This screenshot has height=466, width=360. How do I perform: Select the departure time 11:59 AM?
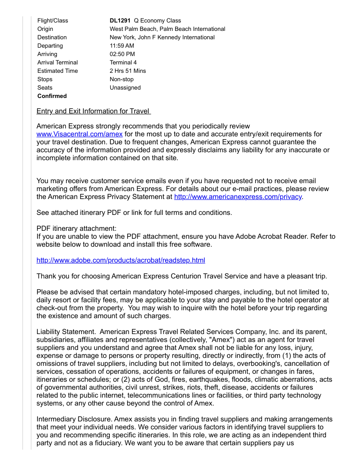coord(122,45)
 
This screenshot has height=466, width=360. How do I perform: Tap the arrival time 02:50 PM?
coord(122,54)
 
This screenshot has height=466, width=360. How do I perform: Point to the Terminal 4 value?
coord(123,62)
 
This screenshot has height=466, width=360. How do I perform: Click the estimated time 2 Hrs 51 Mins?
coord(127,71)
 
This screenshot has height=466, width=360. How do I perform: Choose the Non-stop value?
coord(121,79)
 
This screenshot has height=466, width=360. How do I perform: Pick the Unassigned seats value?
coord(125,87)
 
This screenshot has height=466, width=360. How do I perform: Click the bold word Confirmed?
coord(52,96)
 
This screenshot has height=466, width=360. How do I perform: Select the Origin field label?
coord(45,29)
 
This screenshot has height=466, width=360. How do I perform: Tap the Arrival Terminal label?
coord(57,62)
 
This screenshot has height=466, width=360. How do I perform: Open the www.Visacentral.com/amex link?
coord(79,134)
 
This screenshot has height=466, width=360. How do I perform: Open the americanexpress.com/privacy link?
coord(238,197)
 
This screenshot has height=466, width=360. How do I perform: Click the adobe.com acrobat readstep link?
coord(120,260)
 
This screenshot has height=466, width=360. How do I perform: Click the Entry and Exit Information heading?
coord(94,111)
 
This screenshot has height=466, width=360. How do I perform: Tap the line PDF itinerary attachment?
coord(76,229)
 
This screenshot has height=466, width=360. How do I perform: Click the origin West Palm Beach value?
coord(167,29)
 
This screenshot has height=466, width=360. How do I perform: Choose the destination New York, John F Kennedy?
coord(162,37)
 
